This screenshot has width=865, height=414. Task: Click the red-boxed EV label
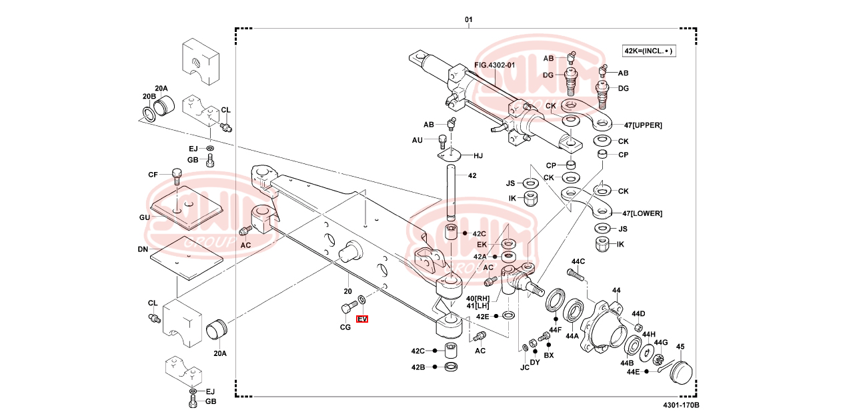point(362,319)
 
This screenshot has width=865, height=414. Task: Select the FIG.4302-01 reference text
point(495,65)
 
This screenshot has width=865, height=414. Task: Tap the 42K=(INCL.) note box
point(648,51)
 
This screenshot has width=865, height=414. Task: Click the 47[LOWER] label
point(642,213)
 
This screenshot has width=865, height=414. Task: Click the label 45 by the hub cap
point(680,347)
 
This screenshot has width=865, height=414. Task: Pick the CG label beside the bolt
point(345,327)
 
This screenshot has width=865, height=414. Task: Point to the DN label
point(143,249)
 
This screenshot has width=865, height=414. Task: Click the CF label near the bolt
point(153,175)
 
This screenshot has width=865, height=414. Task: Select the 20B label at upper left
point(148,97)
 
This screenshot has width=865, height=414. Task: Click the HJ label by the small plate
point(478,156)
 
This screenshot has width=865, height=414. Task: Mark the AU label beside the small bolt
point(417,140)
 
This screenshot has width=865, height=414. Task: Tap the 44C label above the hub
point(578,261)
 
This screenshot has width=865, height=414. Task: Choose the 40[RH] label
point(478,297)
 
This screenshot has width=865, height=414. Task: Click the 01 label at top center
point(468,20)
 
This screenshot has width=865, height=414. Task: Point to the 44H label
point(648,334)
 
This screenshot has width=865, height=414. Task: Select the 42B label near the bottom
point(418,367)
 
